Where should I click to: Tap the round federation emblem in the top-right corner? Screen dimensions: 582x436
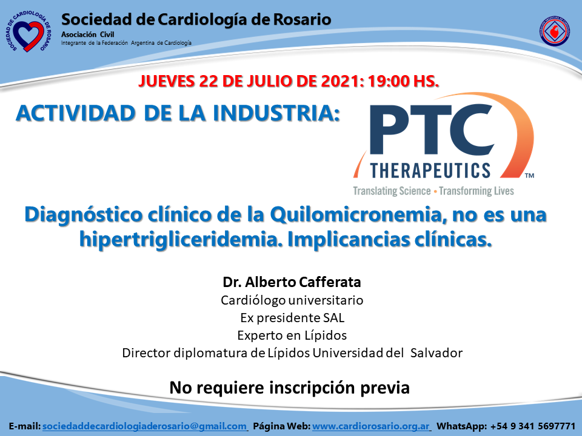(x=555, y=31)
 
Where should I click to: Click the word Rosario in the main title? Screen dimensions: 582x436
(x=302, y=19)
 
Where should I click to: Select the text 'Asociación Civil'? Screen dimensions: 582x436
(x=87, y=35)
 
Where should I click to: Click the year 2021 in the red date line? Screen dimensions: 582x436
(x=340, y=81)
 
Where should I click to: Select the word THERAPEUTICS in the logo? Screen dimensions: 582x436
(x=430, y=171)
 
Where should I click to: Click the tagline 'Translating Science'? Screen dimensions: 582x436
(x=392, y=191)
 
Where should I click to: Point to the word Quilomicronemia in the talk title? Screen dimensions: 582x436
(x=356, y=214)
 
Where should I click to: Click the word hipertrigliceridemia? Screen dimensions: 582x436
(x=179, y=240)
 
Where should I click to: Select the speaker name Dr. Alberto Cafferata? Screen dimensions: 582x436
(x=292, y=282)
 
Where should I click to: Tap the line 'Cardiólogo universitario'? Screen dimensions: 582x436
(x=292, y=300)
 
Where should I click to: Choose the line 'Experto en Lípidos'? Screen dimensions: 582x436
(x=292, y=335)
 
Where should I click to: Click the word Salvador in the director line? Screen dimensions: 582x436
(x=436, y=352)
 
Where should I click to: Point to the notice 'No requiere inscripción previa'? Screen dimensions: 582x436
(x=290, y=388)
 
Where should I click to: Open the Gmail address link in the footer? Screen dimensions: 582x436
(x=145, y=426)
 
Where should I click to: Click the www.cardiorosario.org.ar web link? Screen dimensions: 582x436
(x=371, y=426)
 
